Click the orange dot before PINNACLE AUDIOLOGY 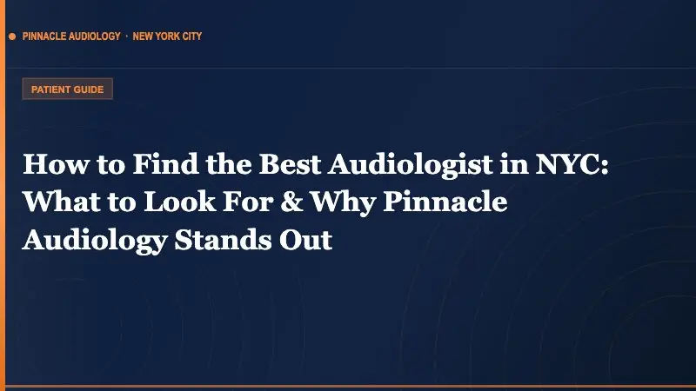[12, 37]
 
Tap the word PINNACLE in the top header [46, 37]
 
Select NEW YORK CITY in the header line [167, 37]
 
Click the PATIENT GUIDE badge [67, 89]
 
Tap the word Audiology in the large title [90, 238]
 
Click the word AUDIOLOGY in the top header [95, 37]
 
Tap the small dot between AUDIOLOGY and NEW [126, 37]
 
